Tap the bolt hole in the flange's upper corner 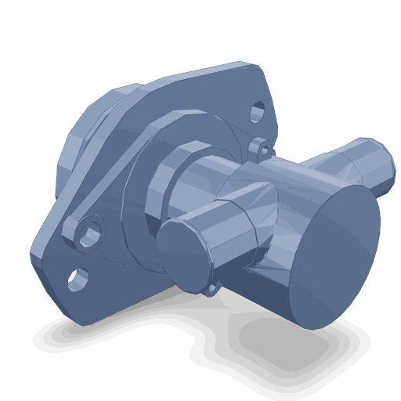258,111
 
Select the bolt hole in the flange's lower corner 78,277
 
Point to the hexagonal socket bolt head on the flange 90,233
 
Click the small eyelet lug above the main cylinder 262,146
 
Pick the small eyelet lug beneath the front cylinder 211,289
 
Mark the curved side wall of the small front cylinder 235,235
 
